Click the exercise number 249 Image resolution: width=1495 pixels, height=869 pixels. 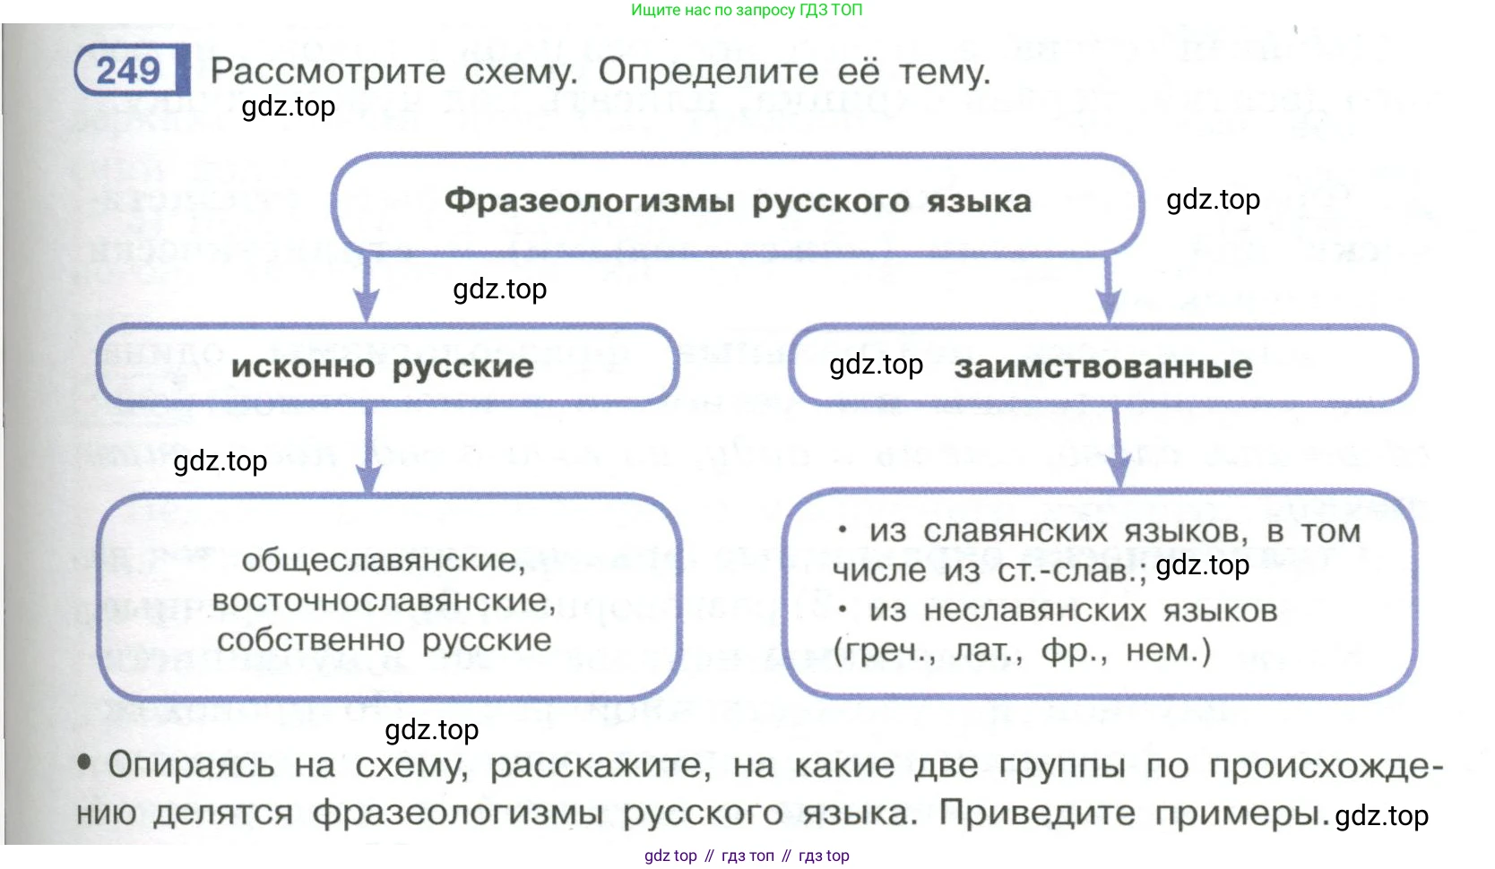point(128,70)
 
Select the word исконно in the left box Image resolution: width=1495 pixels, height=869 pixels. point(303,366)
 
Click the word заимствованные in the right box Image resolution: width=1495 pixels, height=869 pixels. point(1103,366)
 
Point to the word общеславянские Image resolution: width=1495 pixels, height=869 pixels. point(384,561)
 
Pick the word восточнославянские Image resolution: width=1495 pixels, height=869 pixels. point(384,600)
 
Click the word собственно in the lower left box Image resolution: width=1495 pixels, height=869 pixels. point(310,641)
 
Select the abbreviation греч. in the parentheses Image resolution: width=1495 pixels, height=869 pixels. point(885,650)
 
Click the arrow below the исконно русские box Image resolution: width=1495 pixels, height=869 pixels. point(368,452)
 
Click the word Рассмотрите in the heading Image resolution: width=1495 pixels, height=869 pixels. point(328,71)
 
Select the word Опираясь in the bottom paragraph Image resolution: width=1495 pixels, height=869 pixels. point(191,765)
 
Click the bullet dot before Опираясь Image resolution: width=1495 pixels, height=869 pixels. point(84,762)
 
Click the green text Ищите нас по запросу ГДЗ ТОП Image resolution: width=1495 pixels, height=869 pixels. point(747,10)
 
